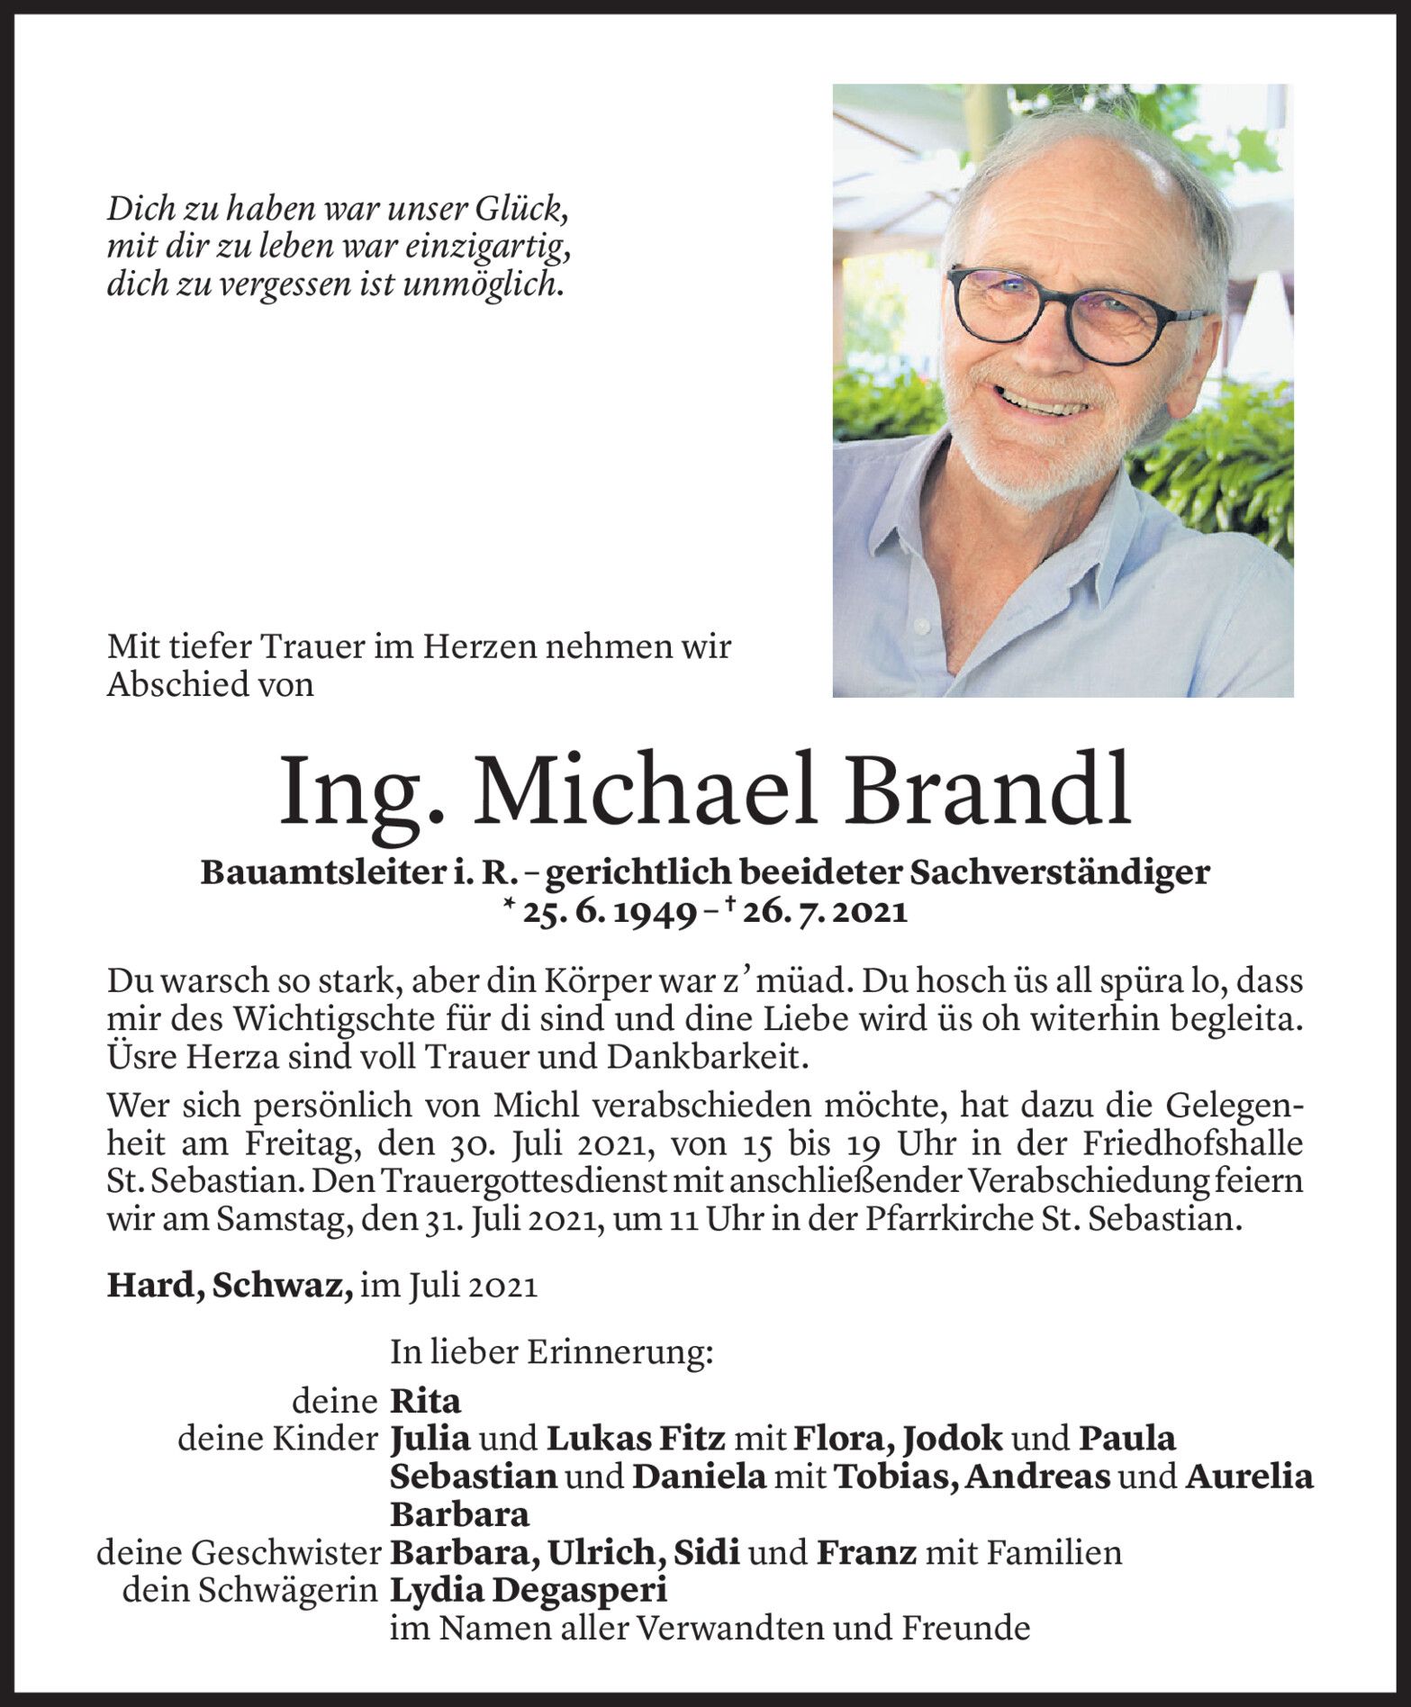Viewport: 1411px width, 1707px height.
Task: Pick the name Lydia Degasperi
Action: [529, 1591]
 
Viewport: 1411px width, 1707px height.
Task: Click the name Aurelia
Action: [1249, 1477]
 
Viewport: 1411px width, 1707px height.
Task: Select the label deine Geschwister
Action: [237, 1553]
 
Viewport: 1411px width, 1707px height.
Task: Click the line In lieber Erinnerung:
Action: [551, 1353]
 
